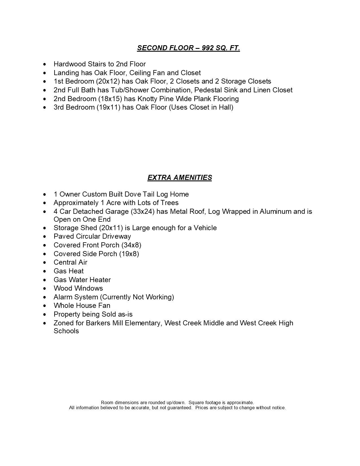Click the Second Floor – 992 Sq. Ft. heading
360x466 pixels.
point(188,48)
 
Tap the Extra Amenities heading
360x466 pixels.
point(180,178)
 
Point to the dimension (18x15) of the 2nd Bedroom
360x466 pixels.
point(109,99)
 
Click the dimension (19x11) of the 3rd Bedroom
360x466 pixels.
point(109,107)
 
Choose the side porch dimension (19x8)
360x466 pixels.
point(129,254)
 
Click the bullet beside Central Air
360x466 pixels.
point(45,263)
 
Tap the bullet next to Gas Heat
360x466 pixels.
point(45,271)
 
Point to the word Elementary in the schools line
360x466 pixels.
point(143,323)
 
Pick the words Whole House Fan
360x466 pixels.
point(82,306)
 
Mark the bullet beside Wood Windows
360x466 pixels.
point(45,289)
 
